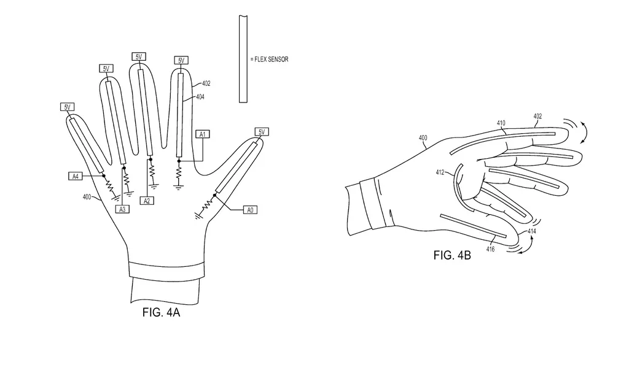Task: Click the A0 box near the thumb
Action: [249, 210]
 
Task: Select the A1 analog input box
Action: [202, 133]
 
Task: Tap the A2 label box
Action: [147, 201]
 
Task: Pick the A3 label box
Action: [122, 209]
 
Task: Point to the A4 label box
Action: [75, 176]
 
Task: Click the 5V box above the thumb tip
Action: [262, 132]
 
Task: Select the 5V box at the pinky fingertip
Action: [68, 107]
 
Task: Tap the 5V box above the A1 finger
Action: [181, 60]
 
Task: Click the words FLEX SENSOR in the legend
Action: [269, 60]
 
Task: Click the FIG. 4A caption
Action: [161, 312]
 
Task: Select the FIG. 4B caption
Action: [452, 255]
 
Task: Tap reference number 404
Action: [200, 97]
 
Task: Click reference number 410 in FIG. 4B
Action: [501, 123]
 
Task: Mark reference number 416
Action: [490, 249]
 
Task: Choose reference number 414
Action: [531, 231]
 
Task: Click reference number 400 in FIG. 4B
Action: [423, 138]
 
